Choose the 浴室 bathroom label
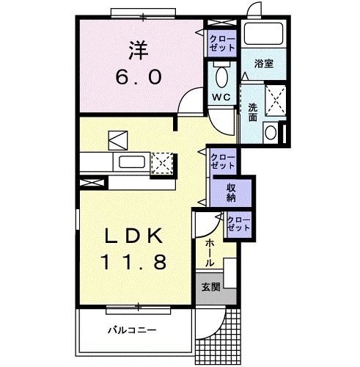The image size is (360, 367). pos(264,65)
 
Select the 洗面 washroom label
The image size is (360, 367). pos(252,112)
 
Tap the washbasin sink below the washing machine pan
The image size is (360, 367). pos(271,132)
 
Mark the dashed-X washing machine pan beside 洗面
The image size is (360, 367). pos(274,100)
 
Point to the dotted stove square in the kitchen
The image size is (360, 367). pos(161,163)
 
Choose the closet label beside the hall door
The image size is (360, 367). pos(238,223)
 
